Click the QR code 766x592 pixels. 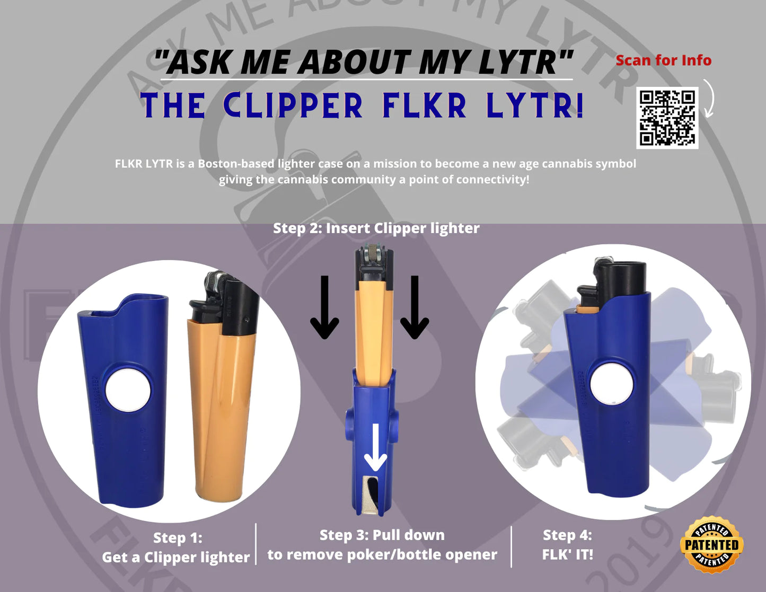[667, 118]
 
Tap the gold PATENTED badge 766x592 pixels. [711, 545]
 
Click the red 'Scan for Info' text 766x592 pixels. [663, 60]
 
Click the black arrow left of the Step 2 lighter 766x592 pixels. [324, 307]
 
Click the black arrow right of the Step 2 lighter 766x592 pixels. [415, 307]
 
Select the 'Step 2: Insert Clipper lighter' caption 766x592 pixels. [376, 228]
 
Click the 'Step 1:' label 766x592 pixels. [178, 538]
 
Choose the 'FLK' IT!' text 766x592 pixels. [567, 555]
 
